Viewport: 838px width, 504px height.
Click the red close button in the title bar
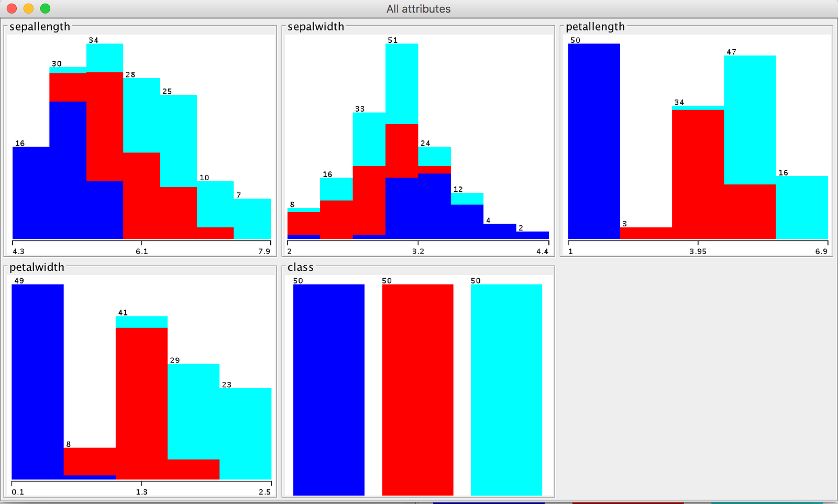tap(12, 8)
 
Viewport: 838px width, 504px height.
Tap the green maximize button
tap(45, 8)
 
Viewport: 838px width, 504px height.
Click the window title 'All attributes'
tap(418, 9)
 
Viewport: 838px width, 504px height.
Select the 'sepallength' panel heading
tap(40, 27)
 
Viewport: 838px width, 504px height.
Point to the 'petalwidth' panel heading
tap(37, 267)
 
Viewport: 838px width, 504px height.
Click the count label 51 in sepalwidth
tap(392, 40)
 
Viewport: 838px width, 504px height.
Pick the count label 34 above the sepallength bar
tap(93, 40)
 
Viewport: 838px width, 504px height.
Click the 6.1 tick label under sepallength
tap(142, 251)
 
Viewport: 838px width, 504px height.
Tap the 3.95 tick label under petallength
tap(698, 251)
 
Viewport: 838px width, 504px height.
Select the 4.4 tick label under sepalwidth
tap(543, 251)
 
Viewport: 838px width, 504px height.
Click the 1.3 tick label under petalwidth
tap(142, 492)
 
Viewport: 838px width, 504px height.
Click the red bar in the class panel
tap(417, 390)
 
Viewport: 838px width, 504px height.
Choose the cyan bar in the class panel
tap(506, 390)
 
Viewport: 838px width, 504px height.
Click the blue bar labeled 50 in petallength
tap(594, 141)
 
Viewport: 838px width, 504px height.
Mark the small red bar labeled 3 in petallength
tap(646, 233)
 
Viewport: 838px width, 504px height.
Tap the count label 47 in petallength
tap(731, 52)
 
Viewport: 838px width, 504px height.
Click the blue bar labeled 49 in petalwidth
tap(37, 381)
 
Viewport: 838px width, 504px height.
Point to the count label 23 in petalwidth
tap(227, 385)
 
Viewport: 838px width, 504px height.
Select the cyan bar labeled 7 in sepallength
tap(252, 219)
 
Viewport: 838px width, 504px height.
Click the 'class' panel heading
tap(301, 267)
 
